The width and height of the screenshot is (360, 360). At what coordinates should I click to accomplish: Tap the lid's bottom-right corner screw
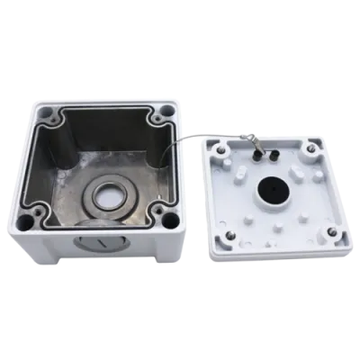point(332,233)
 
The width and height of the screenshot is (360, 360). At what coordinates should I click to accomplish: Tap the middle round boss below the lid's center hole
point(278,227)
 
